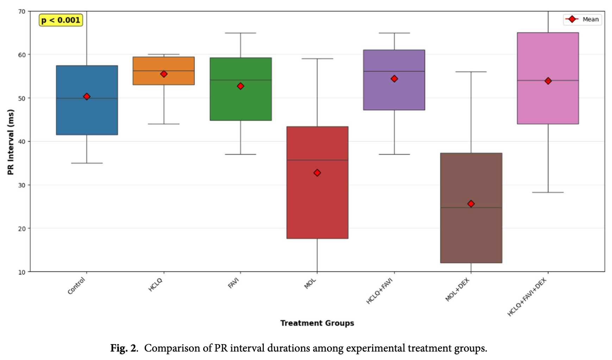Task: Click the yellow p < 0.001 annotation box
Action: pyautogui.click(x=61, y=20)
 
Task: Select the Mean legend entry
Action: pyautogui.click(x=582, y=19)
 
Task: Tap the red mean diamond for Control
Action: pyautogui.click(x=87, y=97)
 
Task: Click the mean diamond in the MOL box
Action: pyautogui.click(x=317, y=173)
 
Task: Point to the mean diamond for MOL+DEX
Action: pyautogui.click(x=471, y=204)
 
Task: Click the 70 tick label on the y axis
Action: pyautogui.click(x=22, y=12)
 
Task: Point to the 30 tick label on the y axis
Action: pyautogui.click(x=22, y=185)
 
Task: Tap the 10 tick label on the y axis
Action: pyautogui.click(x=22, y=272)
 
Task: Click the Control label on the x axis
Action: pyautogui.click(x=77, y=286)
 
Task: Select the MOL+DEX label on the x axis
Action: pyautogui.click(x=457, y=290)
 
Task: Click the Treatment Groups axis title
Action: pyautogui.click(x=317, y=323)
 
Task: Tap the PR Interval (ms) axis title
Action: pyautogui.click(x=11, y=142)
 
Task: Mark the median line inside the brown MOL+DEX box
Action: pyautogui.click(x=471, y=208)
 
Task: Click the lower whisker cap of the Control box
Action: pyautogui.click(x=87, y=163)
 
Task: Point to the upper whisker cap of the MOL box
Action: pyautogui.click(x=317, y=59)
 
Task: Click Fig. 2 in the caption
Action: pyautogui.click(x=123, y=348)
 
